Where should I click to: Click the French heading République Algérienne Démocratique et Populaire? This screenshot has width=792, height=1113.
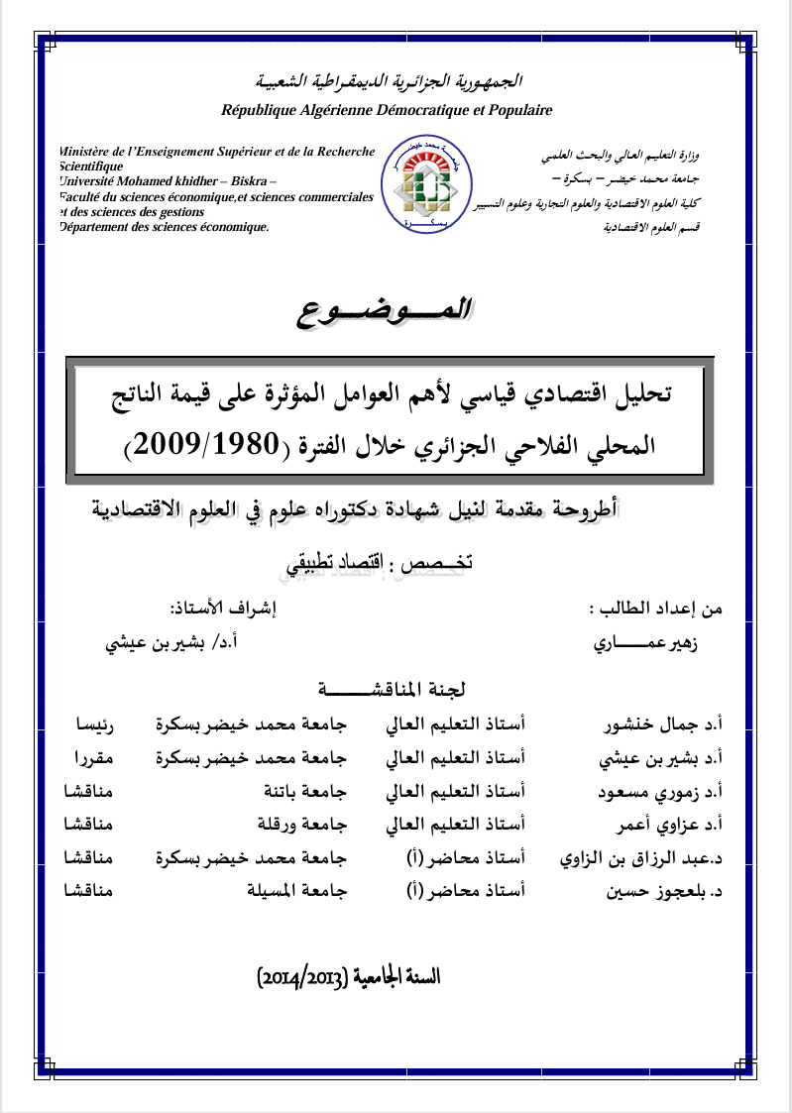(x=387, y=110)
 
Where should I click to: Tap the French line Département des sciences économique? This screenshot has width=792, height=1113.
(x=165, y=227)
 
